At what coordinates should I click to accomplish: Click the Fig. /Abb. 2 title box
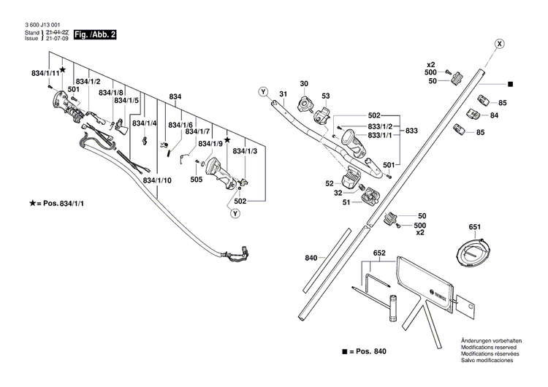tap(96, 34)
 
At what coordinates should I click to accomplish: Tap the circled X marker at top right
tap(498, 44)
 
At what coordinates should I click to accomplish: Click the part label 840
tap(311, 258)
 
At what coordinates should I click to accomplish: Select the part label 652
tap(379, 253)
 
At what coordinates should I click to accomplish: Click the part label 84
tap(494, 115)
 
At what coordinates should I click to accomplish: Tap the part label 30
tap(304, 84)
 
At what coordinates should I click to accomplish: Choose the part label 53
tap(326, 96)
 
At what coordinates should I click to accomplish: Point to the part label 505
tap(197, 178)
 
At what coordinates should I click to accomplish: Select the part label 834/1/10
tap(158, 180)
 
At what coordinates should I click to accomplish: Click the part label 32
tap(338, 193)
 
